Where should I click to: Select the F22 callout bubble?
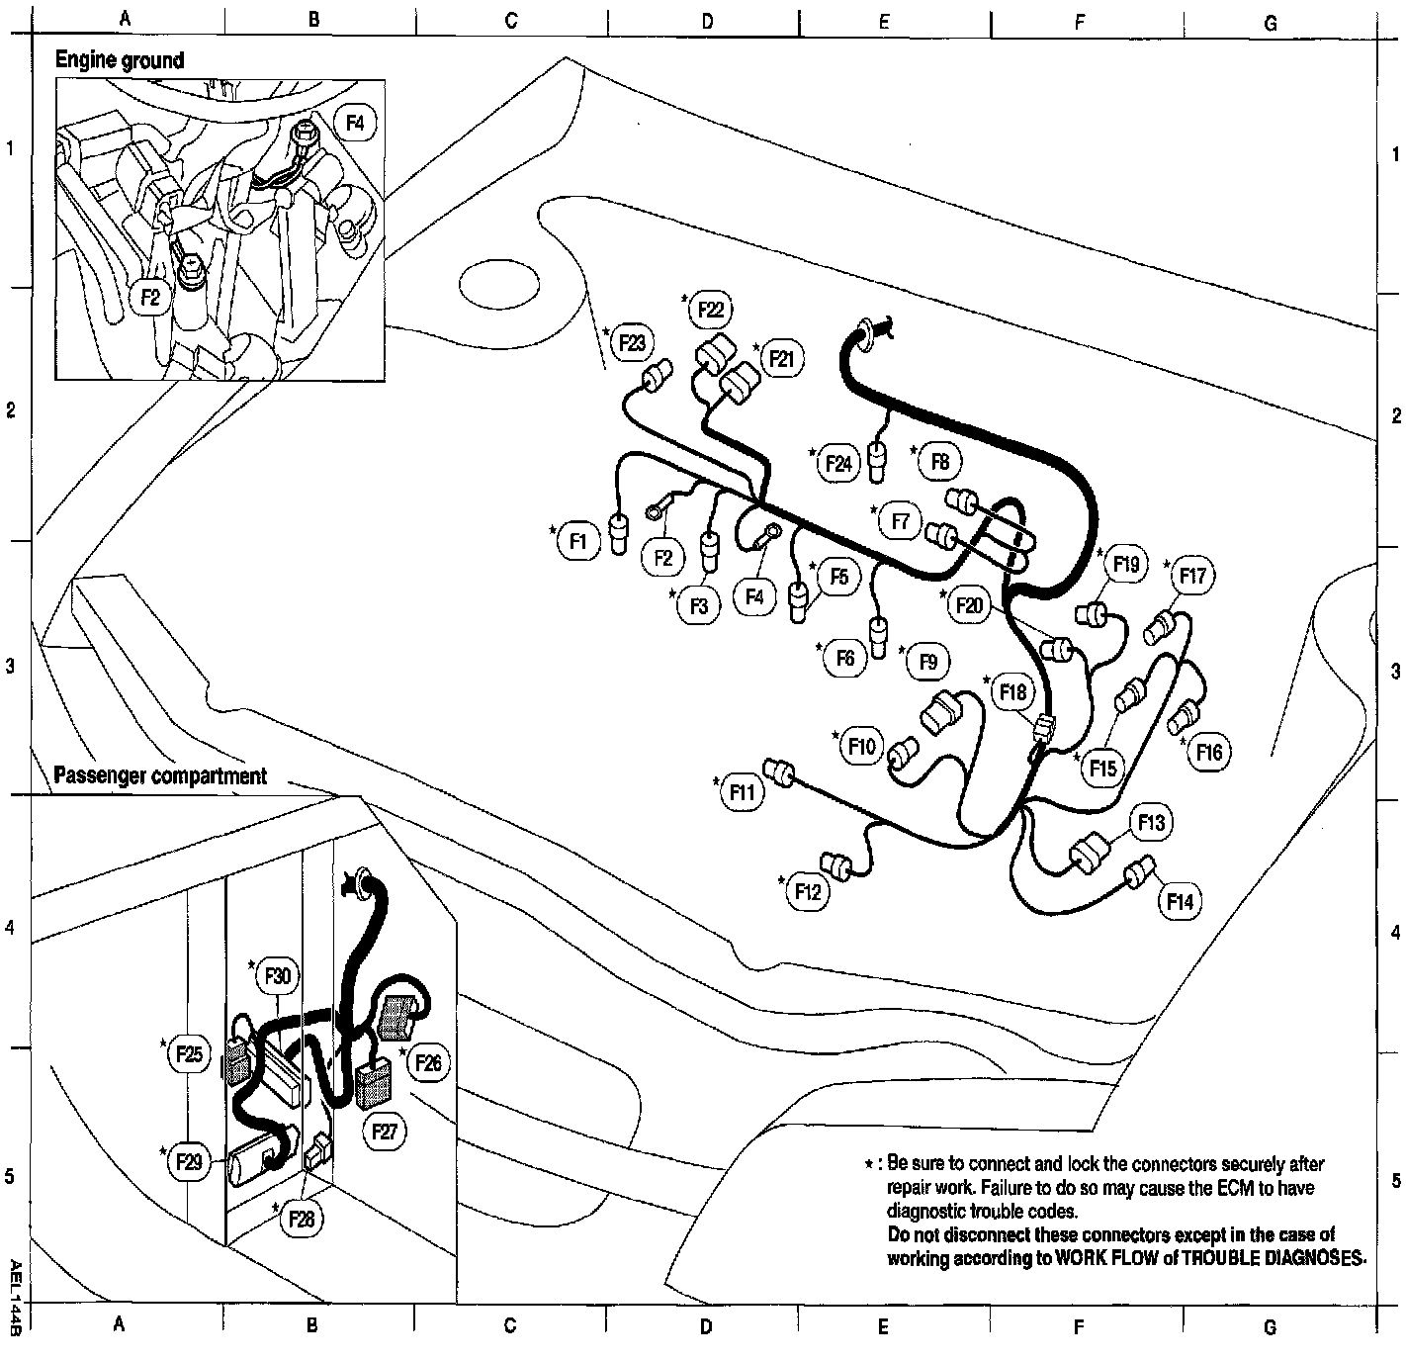click(710, 310)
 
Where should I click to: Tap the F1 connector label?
click(578, 541)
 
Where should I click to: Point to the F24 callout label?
click(838, 463)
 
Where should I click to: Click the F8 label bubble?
click(939, 461)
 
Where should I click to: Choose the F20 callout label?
click(970, 604)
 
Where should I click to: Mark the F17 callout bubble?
click(1192, 576)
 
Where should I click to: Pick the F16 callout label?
click(1208, 753)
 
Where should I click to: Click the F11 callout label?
click(743, 792)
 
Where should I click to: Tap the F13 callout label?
click(1151, 822)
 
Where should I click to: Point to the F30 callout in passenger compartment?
click(278, 976)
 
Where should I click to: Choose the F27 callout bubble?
click(384, 1131)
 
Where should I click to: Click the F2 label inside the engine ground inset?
click(150, 295)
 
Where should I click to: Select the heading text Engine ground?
click(119, 60)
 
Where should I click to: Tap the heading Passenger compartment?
click(160, 775)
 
